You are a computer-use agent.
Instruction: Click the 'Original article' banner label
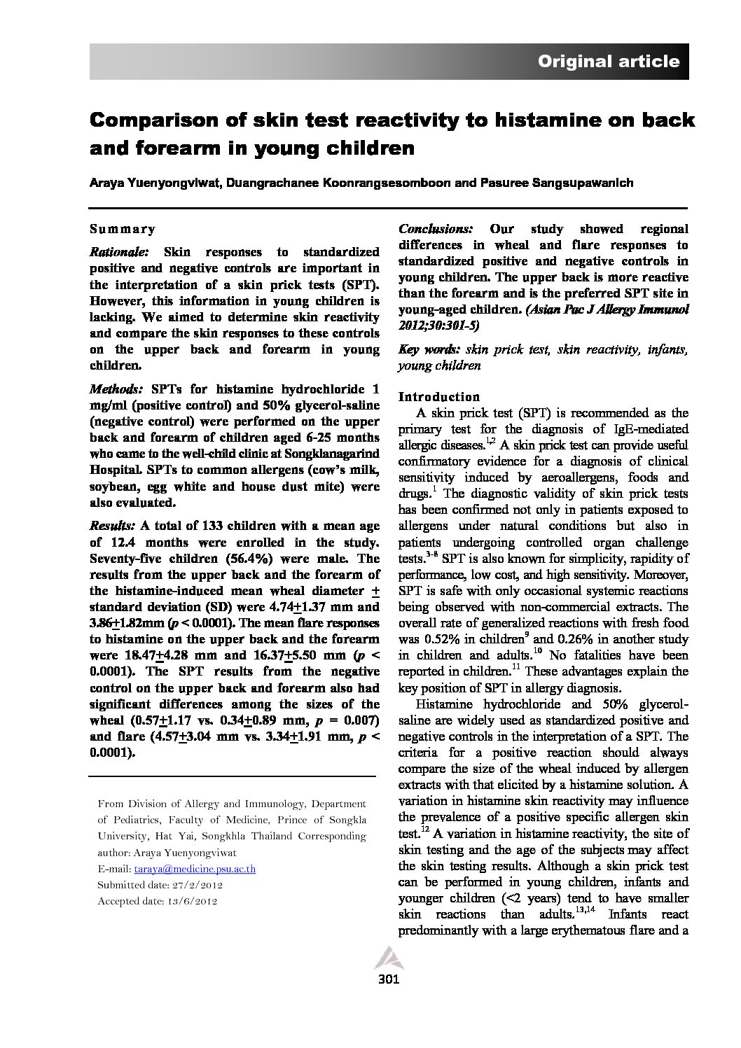[x=608, y=62]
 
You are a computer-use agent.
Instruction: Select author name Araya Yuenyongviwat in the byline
[x=148, y=183]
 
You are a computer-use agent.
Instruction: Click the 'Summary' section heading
[x=123, y=229]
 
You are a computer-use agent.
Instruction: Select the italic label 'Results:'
[x=112, y=526]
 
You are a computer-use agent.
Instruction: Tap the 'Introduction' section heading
[x=439, y=396]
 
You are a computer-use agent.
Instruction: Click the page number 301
[x=388, y=979]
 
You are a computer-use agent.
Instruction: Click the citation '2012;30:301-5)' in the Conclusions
[x=440, y=326]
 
